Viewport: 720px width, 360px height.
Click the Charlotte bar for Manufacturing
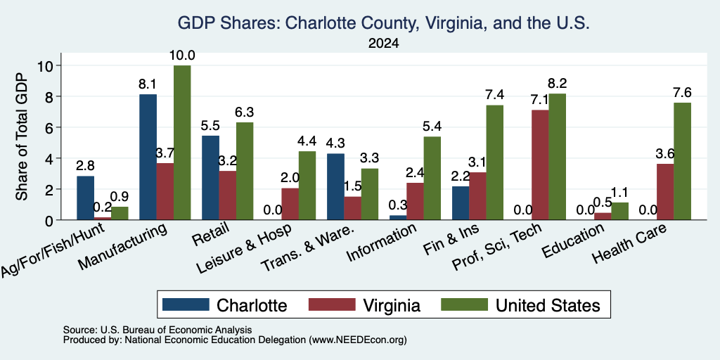tap(148, 157)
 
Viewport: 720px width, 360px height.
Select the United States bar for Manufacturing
tap(182, 142)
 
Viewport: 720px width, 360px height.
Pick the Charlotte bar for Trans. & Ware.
tap(335, 186)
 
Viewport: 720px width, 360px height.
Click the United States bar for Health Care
tap(682, 161)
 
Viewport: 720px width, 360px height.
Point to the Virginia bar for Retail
tap(228, 195)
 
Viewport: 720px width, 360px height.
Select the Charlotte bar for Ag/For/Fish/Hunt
tap(85, 198)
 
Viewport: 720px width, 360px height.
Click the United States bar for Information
tap(432, 178)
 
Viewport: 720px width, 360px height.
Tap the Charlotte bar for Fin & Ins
tap(461, 203)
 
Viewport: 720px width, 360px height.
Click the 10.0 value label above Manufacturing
tap(182, 56)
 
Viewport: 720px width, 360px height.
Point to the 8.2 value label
tap(558, 84)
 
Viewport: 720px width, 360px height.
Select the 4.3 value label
tap(335, 143)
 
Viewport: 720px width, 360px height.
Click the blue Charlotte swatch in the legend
tap(186, 304)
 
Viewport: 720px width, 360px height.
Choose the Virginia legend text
tap(392, 305)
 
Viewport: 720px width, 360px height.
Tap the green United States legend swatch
tap(464, 304)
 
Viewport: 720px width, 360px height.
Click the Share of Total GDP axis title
tap(22, 136)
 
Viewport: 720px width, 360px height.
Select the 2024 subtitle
tap(383, 44)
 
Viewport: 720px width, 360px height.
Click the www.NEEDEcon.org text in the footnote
tap(358, 340)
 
